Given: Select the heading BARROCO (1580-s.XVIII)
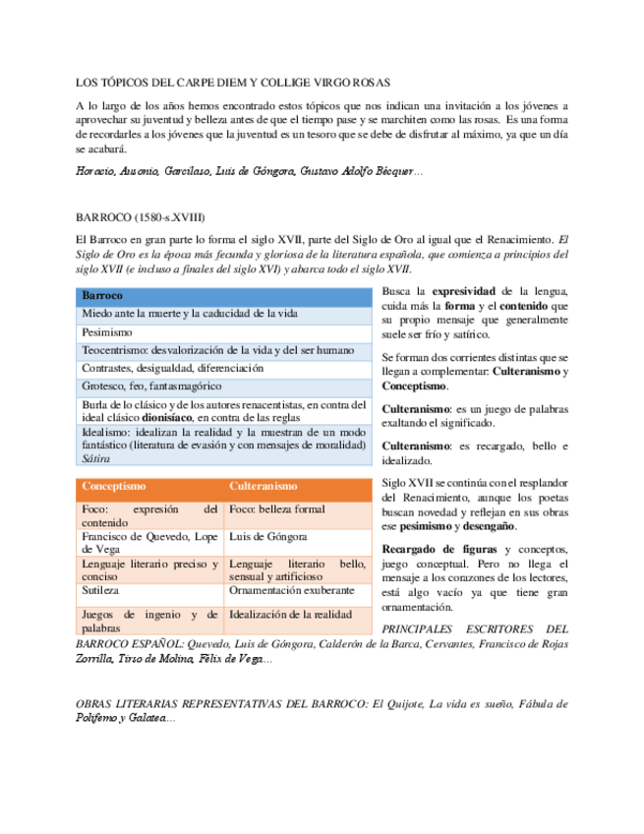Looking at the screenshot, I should [140, 217].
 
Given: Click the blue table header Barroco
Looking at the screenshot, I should [102, 295].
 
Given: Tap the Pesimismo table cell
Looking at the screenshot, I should [106, 332].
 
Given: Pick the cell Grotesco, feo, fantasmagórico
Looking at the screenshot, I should [151, 387].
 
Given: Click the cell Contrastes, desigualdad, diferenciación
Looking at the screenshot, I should [173, 368].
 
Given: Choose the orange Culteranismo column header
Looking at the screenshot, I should [263, 486].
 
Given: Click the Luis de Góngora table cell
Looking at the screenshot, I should [267, 537].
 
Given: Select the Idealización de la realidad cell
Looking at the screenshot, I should [291, 614].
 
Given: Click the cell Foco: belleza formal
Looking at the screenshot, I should [276, 509].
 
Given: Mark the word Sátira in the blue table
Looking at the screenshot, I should [96, 458].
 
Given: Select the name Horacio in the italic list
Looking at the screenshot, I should [96, 172].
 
